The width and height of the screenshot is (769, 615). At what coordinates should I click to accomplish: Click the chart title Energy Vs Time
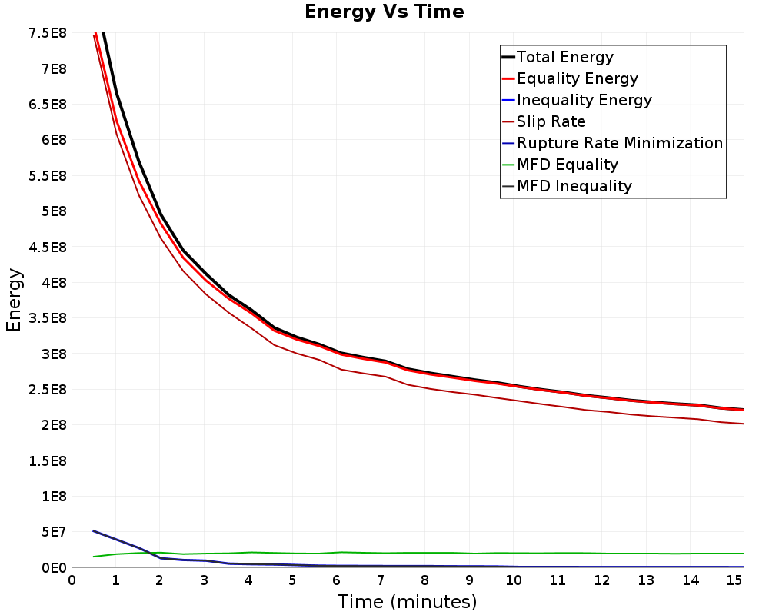[384, 12]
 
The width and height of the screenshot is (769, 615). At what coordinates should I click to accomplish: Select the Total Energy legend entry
[558, 57]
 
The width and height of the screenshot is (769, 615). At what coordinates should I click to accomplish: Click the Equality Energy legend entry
[570, 78]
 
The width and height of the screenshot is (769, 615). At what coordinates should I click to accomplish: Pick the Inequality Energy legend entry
[577, 100]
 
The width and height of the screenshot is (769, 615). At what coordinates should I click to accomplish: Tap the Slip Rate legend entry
[544, 121]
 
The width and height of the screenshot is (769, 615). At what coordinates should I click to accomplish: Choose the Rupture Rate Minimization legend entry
[613, 143]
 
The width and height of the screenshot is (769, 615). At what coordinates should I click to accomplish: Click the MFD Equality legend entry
[560, 165]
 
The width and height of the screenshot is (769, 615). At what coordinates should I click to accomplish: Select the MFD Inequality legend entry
[567, 186]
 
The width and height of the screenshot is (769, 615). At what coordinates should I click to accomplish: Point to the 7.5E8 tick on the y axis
[48, 33]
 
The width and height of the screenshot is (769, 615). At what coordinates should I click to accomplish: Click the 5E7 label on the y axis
[54, 532]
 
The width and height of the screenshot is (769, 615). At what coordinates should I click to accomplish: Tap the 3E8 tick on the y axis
[54, 354]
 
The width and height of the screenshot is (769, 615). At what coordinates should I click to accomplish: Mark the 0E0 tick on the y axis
[54, 568]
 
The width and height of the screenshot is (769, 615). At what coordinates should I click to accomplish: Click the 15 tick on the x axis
[734, 580]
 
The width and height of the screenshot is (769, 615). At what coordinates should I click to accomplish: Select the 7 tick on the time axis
[381, 580]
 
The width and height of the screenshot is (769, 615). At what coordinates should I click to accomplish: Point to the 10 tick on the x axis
[513, 580]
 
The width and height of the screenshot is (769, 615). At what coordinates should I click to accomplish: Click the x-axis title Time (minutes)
[407, 601]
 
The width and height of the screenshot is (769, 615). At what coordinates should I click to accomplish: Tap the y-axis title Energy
[14, 300]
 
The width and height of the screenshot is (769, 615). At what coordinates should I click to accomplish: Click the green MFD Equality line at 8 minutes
[424, 553]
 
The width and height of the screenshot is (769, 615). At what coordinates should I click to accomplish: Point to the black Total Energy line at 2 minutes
[161, 214]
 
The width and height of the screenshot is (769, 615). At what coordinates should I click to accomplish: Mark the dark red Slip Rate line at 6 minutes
[337, 367]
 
